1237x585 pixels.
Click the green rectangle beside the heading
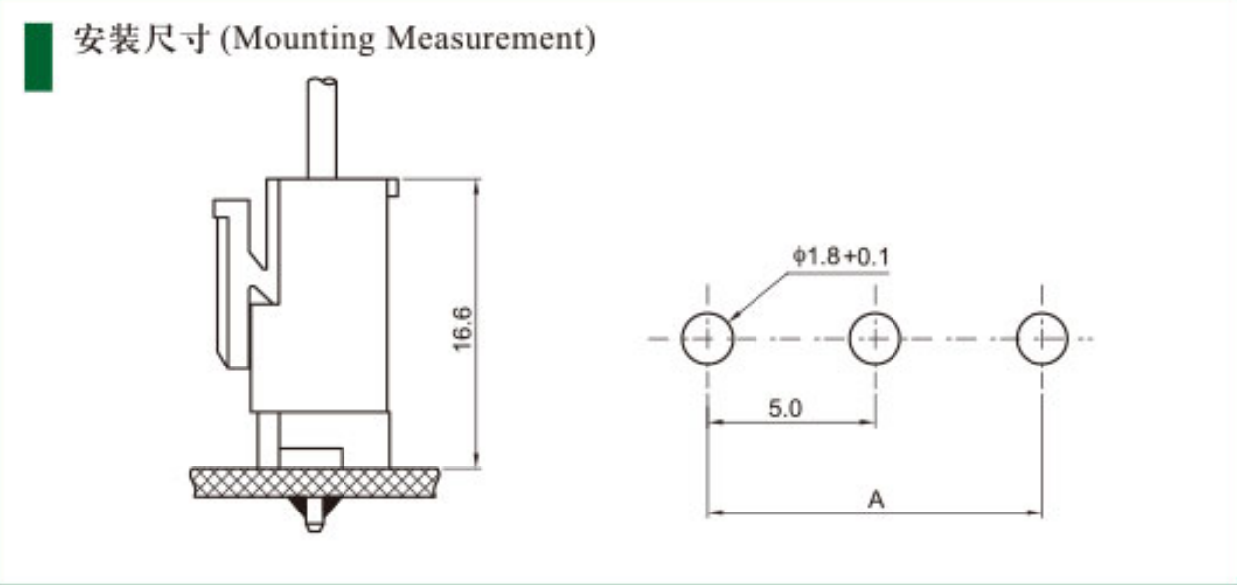tap(38, 57)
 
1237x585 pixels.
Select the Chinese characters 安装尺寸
tap(143, 39)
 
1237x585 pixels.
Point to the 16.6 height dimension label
tap(463, 328)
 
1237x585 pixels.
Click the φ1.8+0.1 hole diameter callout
tap(841, 257)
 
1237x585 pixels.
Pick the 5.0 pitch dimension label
tap(785, 409)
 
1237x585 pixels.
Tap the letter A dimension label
tap(876, 500)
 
